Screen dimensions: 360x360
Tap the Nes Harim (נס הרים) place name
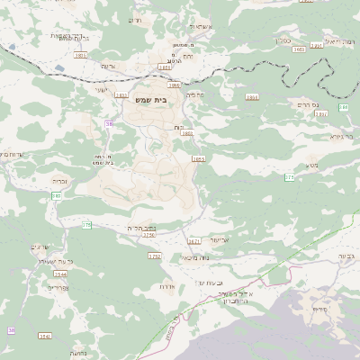tap(330, 104)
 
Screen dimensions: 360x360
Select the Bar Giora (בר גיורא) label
tap(341, 137)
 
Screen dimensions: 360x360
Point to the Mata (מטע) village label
tap(312, 166)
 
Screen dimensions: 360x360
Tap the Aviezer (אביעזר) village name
tap(220, 240)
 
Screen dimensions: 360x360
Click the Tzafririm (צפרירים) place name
tap(58, 288)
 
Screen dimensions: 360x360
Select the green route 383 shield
tap(57, 195)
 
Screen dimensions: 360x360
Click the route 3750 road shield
tap(148, 235)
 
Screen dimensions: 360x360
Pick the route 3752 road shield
tap(154, 256)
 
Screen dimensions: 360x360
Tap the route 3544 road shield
tap(59, 274)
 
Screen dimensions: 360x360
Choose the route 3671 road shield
tap(193, 241)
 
